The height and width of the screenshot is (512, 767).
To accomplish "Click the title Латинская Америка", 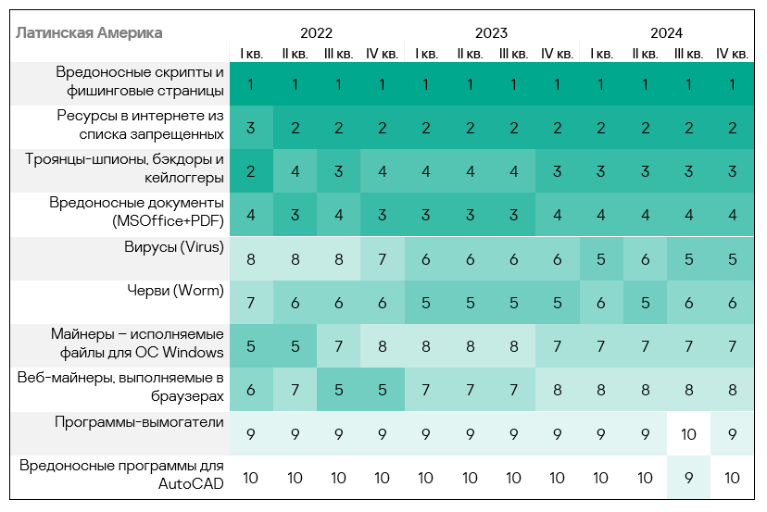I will [x=89, y=33].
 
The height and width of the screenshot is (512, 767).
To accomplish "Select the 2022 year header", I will [x=317, y=33].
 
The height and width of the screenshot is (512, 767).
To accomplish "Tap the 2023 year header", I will [x=491, y=33].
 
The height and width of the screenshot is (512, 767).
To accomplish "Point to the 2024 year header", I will [x=666, y=33].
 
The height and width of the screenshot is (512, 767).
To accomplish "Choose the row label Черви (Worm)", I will [x=176, y=291].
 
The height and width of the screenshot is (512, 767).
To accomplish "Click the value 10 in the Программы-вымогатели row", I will [x=688, y=434].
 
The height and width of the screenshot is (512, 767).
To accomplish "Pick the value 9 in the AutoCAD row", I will [x=688, y=479].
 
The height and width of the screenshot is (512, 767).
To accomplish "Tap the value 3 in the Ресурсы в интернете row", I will [x=251, y=128].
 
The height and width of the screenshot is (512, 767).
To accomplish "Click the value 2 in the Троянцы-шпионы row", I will [x=251, y=171].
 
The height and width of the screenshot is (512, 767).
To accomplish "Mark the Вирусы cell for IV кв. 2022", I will [x=382, y=259].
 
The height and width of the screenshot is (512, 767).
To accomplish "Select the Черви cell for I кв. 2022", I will [x=251, y=303].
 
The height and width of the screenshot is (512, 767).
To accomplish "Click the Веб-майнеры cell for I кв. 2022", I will [x=251, y=391].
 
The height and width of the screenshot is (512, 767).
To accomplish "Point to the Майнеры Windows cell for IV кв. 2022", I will [x=382, y=346].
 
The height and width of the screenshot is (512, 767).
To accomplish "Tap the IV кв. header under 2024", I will [x=732, y=54].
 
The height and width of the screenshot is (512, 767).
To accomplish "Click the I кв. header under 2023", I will [x=426, y=54].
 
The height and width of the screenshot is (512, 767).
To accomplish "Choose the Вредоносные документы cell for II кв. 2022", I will [x=295, y=216].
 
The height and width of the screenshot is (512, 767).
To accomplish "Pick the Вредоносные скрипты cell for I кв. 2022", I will [x=251, y=84].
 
